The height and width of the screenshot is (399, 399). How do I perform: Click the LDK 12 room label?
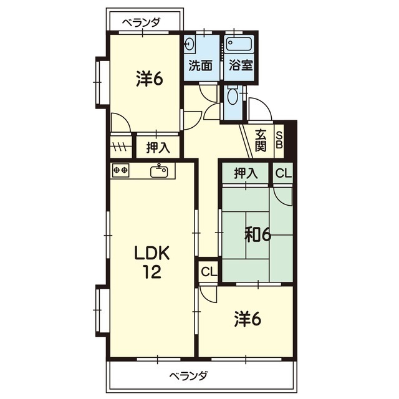click(152, 262)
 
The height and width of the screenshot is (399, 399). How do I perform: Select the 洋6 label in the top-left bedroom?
click(150, 79)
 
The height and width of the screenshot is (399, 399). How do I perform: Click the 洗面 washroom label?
click(201, 65)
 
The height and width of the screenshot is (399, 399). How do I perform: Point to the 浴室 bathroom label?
click(241, 65)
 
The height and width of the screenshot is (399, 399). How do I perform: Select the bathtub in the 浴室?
click(239, 44)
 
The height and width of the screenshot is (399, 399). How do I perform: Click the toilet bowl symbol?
click(233, 96)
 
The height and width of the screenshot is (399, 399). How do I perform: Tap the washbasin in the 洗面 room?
click(190, 45)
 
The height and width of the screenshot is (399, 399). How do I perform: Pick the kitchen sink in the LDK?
click(159, 171)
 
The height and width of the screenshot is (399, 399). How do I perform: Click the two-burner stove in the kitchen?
click(120, 170)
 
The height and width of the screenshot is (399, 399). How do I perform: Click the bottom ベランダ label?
click(188, 375)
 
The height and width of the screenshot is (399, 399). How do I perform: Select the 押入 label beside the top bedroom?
click(158, 148)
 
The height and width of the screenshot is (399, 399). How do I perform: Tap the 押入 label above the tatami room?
click(246, 173)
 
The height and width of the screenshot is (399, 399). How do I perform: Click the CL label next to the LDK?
click(209, 272)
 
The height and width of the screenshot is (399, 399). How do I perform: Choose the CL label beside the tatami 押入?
click(284, 173)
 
